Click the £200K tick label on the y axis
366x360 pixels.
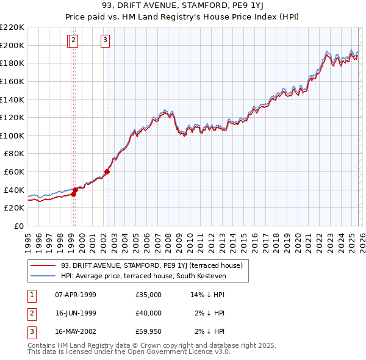pyautogui.click(x=12, y=45)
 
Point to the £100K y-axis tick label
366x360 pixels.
pyautogui.click(x=12, y=135)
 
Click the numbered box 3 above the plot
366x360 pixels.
pyautogui.click(x=106, y=41)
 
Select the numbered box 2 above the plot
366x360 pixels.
pyautogui.click(x=74, y=41)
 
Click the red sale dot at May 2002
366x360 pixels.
pyautogui.click(x=107, y=171)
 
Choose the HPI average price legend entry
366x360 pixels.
pyautogui.click(x=143, y=276)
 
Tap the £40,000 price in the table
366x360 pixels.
pyautogui.click(x=149, y=313)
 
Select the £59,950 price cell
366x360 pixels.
pyautogui.click(x=149, y=331)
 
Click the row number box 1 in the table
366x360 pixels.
pyautogui.click(x=31, y=295)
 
